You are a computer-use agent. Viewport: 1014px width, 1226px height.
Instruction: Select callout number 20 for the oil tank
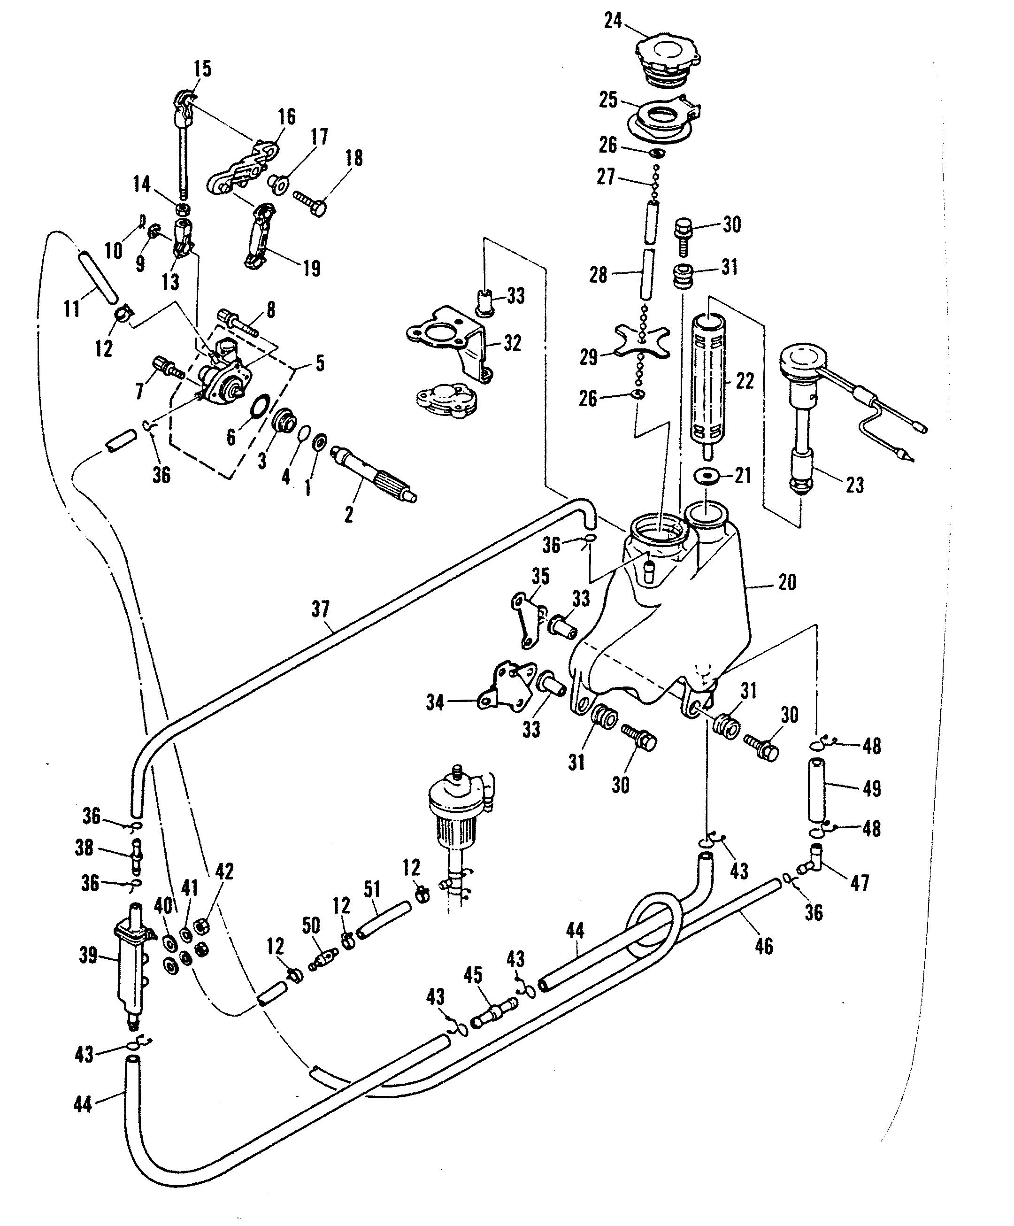(787, 582)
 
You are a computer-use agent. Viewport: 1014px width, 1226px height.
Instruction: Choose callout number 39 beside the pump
(88, 955)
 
